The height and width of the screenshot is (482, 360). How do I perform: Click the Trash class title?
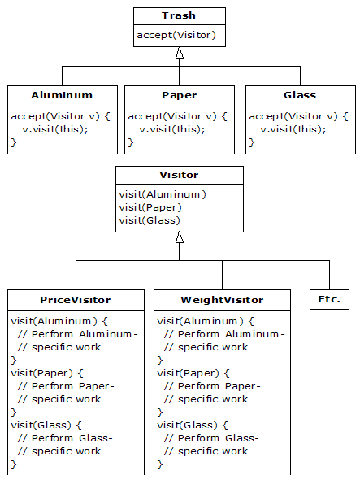179,15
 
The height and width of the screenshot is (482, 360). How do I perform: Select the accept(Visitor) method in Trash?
176,35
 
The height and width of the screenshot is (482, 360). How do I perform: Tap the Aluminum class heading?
62,95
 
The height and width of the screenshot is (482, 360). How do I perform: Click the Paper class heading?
180,95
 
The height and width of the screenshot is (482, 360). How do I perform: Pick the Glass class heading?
300,95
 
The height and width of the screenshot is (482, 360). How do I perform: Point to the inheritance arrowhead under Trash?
180,53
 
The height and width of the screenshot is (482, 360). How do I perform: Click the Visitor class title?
179,175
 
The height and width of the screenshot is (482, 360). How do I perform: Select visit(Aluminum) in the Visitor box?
163,194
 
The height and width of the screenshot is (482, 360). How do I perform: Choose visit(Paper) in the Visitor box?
150,207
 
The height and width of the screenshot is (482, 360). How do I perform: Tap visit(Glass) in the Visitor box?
150,220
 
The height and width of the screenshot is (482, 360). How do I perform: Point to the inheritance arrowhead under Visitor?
180,237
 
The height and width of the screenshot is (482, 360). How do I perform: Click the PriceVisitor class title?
76,300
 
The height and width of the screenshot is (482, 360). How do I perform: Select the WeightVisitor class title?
222,300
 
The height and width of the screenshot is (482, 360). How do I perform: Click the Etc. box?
329,299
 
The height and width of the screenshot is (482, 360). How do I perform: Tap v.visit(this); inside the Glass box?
293,129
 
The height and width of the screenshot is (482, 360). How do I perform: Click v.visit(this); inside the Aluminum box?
55,129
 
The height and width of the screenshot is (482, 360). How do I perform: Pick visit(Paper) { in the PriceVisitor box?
47,373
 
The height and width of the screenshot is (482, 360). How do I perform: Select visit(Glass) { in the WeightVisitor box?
193,425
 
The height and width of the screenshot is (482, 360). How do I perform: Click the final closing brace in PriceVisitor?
14,464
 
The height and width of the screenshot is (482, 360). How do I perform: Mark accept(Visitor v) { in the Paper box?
177,116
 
